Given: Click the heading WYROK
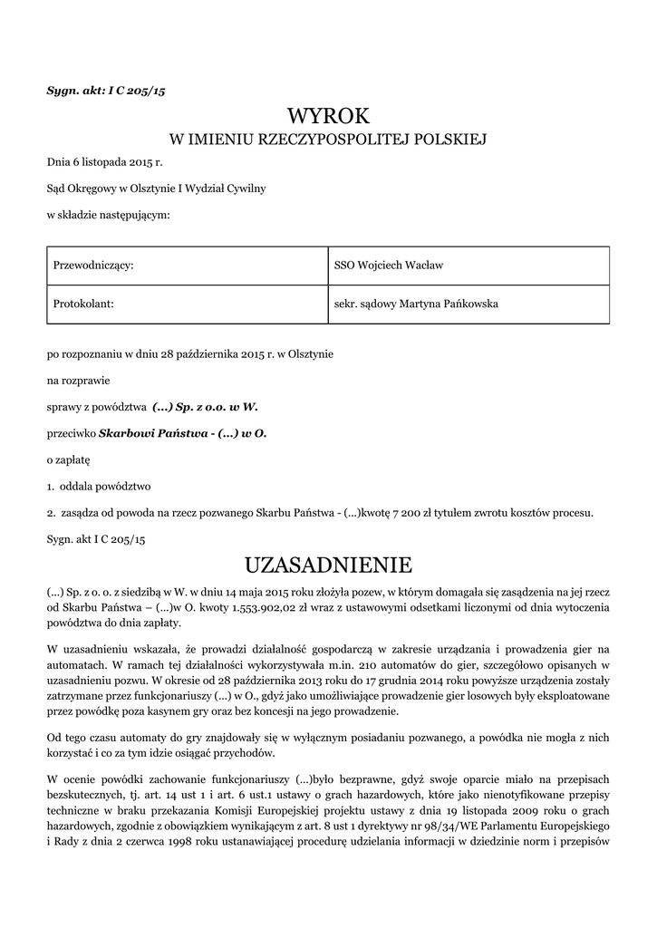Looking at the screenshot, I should (329, 116).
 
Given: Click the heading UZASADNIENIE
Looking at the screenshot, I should (329, 565).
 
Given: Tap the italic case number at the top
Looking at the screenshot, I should (105, 92).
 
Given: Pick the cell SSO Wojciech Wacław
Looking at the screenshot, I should (389, 266).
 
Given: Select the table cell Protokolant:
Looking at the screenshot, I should (82, 304).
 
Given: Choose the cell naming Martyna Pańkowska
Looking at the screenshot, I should (417, 304).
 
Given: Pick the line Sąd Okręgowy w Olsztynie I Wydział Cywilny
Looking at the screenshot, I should (156, 189).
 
